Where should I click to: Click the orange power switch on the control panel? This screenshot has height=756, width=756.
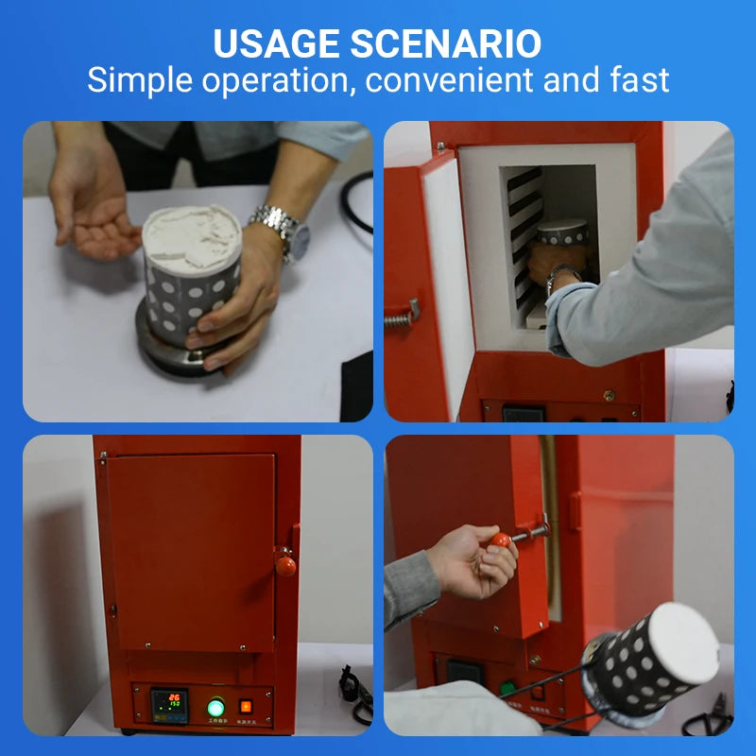click(x=246, y=706)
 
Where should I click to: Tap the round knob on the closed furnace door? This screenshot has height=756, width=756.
click(x=285, y=566)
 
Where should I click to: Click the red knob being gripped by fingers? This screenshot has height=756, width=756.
click(x=500, y=541)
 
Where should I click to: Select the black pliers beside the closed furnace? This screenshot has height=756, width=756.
click(x=356, y=695)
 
